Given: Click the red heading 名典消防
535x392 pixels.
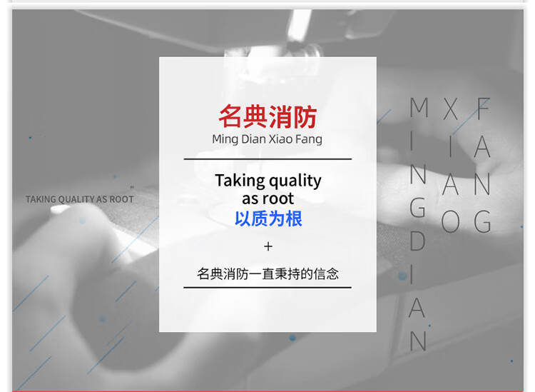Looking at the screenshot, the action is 267,117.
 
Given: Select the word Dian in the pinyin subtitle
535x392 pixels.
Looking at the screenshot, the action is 253,139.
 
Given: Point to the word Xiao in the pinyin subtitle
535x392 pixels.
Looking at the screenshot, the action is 281,139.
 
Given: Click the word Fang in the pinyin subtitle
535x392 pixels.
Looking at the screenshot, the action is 309,139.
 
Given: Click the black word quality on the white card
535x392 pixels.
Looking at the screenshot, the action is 295,181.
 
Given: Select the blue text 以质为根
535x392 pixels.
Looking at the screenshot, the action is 268,218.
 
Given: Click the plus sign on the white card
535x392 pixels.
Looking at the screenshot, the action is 268,246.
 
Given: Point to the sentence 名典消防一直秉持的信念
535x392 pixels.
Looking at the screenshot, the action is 267,274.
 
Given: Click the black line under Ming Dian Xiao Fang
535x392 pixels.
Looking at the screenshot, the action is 267,159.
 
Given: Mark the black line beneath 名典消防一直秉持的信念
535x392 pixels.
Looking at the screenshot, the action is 267,288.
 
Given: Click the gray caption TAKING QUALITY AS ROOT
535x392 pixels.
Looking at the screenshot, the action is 79,199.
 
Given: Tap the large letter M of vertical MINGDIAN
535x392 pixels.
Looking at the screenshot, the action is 419,107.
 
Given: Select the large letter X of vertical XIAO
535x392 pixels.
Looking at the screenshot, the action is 450,109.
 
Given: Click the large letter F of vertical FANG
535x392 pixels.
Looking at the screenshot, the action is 484,109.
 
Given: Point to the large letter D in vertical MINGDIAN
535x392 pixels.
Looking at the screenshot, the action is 417,241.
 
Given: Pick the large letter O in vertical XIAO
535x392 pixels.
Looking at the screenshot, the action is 450,221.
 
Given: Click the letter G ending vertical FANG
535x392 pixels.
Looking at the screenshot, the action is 482,221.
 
